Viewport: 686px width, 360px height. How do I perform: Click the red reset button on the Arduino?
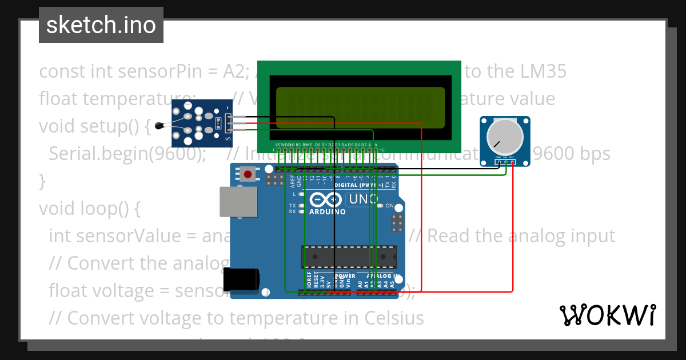248,174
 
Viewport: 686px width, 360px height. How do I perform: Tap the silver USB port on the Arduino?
236,202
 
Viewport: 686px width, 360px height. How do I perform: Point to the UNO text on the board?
363,199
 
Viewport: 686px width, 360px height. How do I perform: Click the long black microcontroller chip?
349,257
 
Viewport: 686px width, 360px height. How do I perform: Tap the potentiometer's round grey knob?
504,136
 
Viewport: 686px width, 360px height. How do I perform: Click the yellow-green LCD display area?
360,107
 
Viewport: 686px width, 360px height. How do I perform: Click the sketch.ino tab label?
101,25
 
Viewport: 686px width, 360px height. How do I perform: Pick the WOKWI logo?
608,315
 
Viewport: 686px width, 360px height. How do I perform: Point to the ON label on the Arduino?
389,206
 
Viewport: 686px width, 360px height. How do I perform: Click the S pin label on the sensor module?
229,139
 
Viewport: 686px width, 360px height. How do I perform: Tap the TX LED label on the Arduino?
293,205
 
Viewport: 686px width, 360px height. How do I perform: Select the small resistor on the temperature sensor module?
218,122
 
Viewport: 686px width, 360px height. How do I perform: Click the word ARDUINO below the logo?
327,211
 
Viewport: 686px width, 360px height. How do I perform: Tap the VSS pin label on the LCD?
278,145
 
